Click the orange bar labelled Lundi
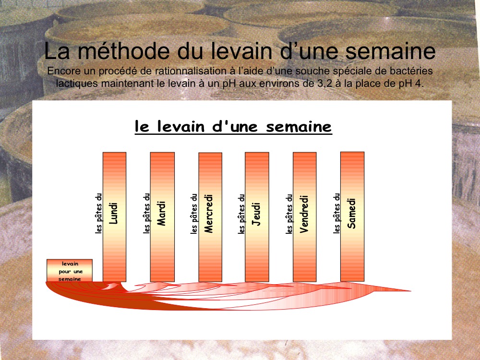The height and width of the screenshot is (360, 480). point(115,217)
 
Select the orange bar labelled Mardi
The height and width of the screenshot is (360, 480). point(162,217)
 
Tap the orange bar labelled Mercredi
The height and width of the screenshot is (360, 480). point(210,217)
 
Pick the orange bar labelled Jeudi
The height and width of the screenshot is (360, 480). point(257,217)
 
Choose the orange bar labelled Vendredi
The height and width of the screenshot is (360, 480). point(305,217)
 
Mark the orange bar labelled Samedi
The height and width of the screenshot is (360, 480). point(352,216)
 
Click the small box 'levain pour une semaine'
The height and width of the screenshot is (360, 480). point(70,270)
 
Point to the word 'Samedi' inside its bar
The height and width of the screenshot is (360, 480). point(352,214)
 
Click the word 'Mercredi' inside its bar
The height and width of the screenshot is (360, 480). point(208,214)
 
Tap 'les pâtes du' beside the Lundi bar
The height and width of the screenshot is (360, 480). point(98,214)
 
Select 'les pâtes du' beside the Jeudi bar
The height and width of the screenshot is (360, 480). point(241,214)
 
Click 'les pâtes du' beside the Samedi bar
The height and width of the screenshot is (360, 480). point(337,214)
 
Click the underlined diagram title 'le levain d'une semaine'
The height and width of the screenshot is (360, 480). point(233,126)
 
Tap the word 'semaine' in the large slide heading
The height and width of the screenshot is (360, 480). point(390,51)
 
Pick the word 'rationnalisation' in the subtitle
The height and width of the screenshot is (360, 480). point(191,71)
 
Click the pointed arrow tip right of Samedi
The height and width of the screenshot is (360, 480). point(409,291)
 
